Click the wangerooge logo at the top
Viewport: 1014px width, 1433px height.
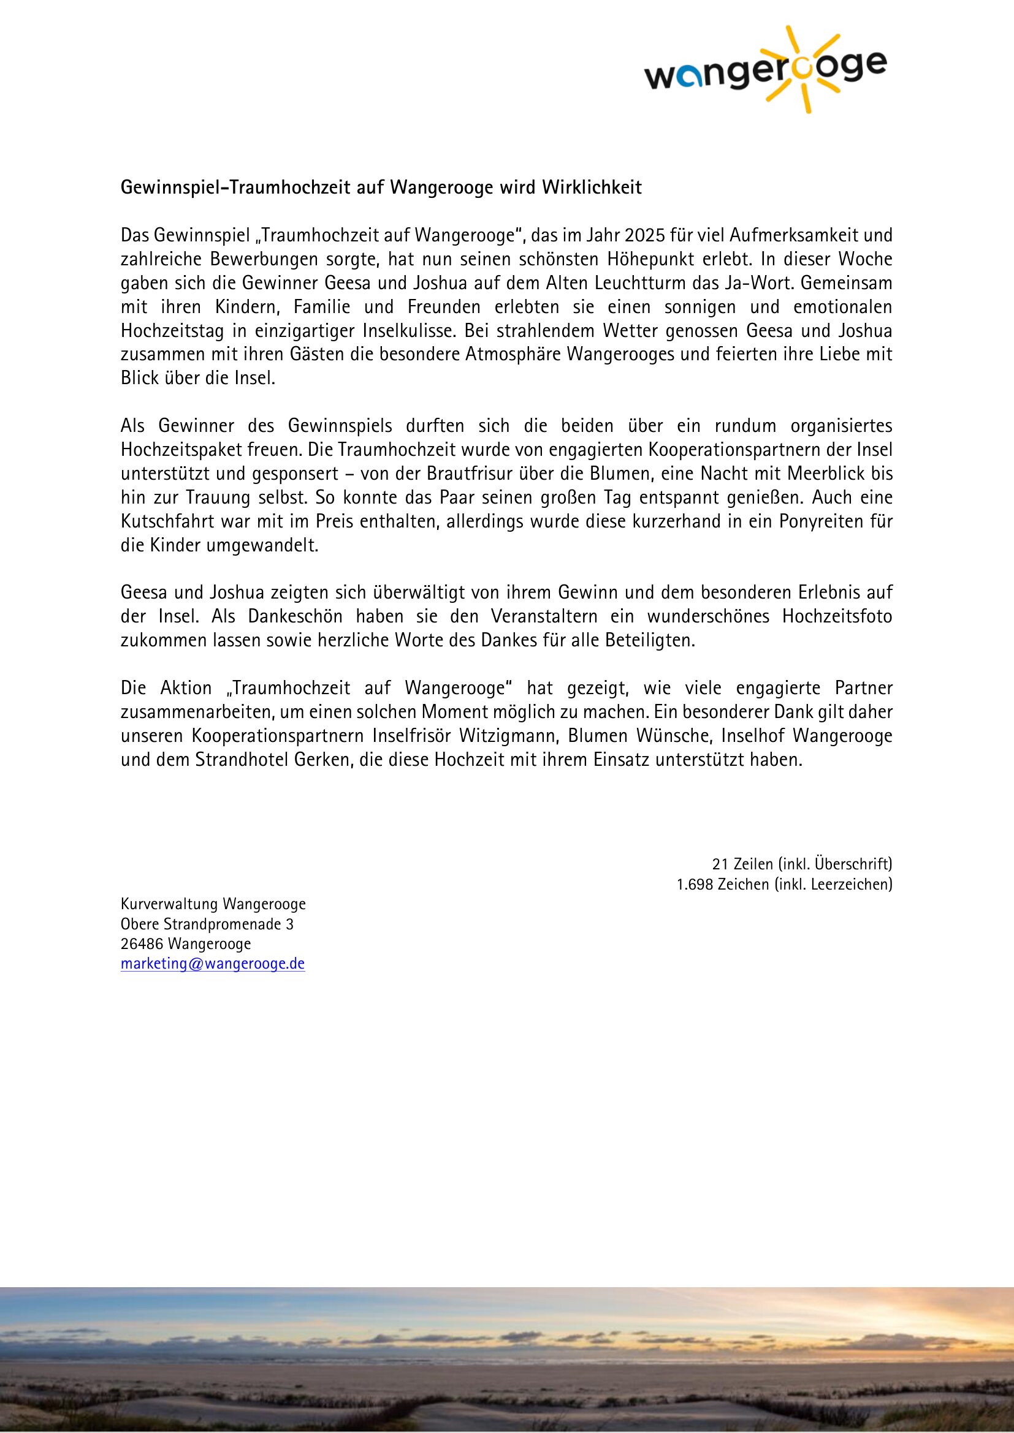click(764, 70)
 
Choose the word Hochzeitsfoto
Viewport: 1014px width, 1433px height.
click(837, 616)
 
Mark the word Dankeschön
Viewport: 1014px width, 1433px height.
click(295, 616)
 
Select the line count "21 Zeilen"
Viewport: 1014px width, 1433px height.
click(742, 864)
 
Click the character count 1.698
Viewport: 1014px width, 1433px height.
click(695, 884)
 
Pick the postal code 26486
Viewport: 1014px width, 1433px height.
click(142, 943)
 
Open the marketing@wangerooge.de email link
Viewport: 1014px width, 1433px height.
click(212, 964)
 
